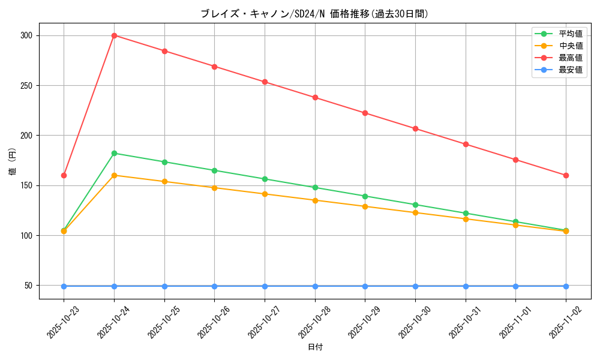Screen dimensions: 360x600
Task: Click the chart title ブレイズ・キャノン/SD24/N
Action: [x=314, y=14]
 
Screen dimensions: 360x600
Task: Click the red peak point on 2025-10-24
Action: [x=114, y=35]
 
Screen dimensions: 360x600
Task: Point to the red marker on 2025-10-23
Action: [x=64, y=175]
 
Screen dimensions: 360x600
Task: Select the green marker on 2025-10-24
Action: [x=114, y=153]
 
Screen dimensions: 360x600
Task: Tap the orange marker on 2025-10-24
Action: [x=114, y=175]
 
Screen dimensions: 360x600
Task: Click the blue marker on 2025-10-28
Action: [x=315, y=286]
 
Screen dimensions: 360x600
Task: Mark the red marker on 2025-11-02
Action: [x=566, y=175]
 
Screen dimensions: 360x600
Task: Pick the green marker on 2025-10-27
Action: [x=265, y=179]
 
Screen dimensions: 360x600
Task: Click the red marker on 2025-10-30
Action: [x=415, y=128]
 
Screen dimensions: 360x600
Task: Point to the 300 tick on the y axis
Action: [x=26, y=35]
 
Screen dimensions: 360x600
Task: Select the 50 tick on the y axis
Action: [x=29, y=286]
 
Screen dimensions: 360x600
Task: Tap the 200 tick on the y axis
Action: [x=26, y=136]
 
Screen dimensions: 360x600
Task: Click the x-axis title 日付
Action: [x=315, y=347]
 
